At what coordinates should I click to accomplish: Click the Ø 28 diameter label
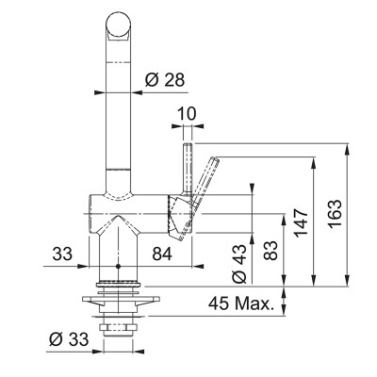tap(165, 80)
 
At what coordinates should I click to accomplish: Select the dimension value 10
tap(188, 113)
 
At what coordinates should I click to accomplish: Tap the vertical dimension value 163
tap(334, 213)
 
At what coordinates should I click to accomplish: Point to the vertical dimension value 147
tap(300, 222)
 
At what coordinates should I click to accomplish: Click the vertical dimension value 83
tap(270, 251)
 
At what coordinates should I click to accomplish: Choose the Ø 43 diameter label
tap(239, 264)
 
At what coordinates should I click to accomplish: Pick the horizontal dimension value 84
tap(162, 254)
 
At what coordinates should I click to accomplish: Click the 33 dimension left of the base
tap(62, 254)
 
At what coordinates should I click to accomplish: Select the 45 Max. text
tap(240, 303)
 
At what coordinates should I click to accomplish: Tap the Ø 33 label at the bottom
tap(69, 339)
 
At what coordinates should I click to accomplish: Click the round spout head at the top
tap(118, 25)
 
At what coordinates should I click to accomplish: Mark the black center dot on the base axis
tap(118, 267)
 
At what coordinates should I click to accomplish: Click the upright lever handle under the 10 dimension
tap(188, 170)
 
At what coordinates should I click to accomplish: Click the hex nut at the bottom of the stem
tap(118, 327)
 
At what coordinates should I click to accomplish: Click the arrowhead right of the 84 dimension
tap(197, 267)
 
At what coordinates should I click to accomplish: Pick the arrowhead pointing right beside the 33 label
tap(83, 267)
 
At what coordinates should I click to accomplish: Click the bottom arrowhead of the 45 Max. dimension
tap(285, 310)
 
